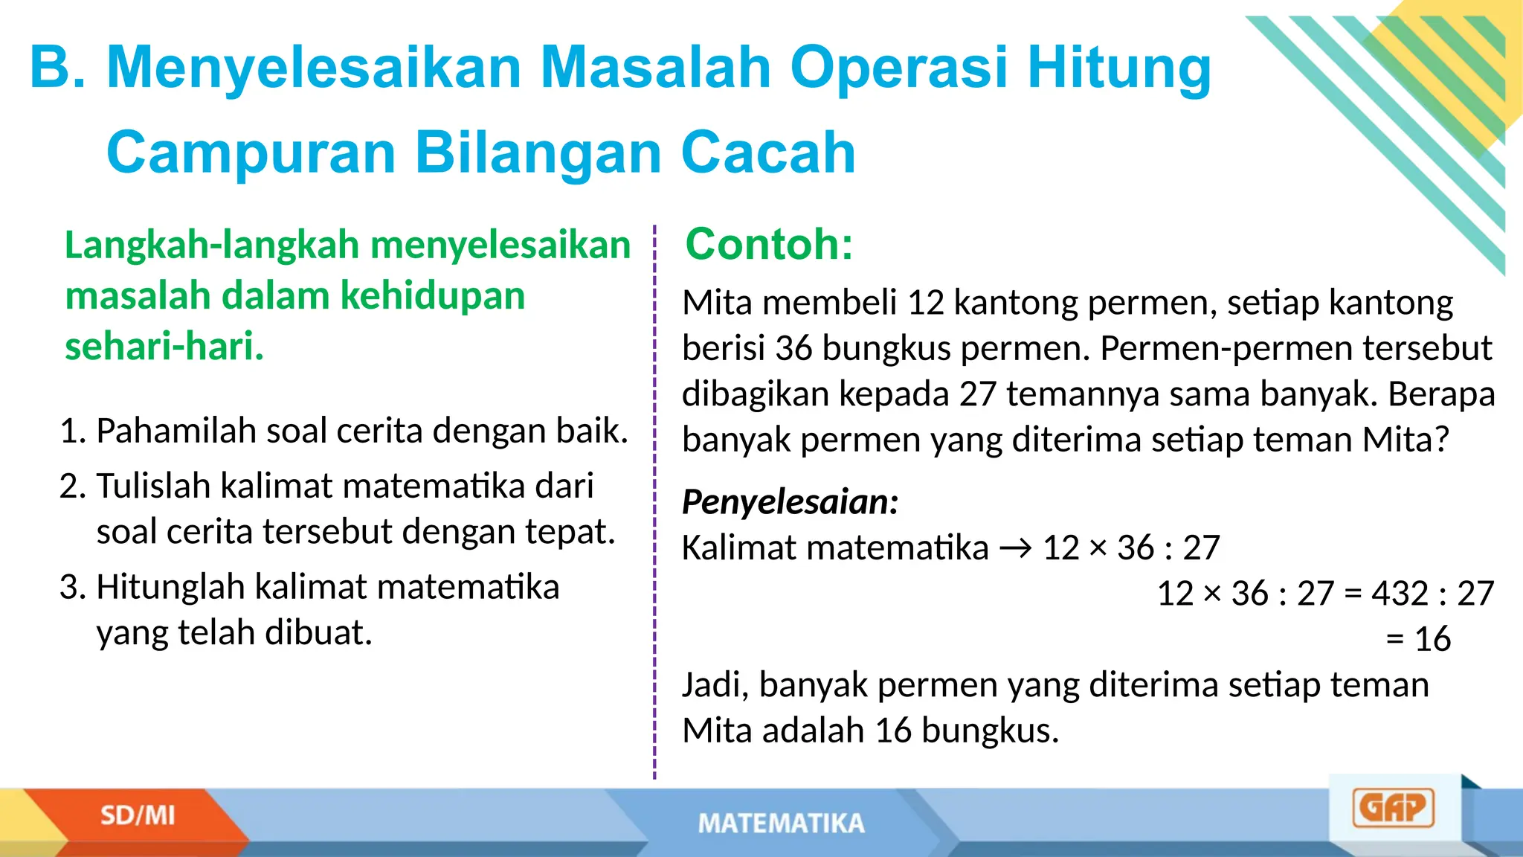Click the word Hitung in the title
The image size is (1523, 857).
click(1119, 69)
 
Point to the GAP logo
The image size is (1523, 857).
click(1393, 809)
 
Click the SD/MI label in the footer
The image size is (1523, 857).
click(138, 816)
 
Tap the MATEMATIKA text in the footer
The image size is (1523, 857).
click(781, 824)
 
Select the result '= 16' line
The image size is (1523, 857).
click(1418, 639)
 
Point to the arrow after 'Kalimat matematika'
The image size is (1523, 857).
click(1016, 549)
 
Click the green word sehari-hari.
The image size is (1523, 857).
click(164, 347)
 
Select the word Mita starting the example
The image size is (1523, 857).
click(717, 303)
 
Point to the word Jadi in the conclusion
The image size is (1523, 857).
click(715, 685)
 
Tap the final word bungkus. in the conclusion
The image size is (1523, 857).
click(990, 731)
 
